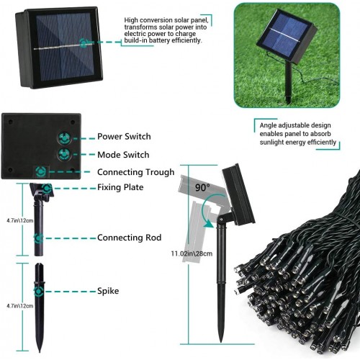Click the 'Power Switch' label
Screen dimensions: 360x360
click(124, 137)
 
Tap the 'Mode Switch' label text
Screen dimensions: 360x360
click(123, 155)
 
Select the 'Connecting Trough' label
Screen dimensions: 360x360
click(136, 172)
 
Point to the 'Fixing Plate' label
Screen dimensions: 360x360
click(120, 187)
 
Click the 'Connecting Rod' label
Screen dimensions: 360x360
click(130, 238)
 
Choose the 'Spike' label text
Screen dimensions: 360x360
click(108, 291)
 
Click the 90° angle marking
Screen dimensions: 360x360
click(202, 187)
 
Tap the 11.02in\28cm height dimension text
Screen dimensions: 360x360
click(192, 253)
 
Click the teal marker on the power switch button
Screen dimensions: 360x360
click(64, 138)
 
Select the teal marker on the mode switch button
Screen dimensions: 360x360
click(64, 154)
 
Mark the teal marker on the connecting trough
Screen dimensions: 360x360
click(41, 171)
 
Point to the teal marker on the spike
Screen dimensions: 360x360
click(39, 292)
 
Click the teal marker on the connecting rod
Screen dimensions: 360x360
click(39, 238)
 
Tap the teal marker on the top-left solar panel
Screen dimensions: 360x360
click(84, 43)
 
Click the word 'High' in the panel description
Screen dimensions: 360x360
click(132, 20)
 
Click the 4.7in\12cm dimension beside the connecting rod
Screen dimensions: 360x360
click(20, 220)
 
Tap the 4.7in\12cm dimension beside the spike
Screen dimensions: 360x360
click(20, 306)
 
